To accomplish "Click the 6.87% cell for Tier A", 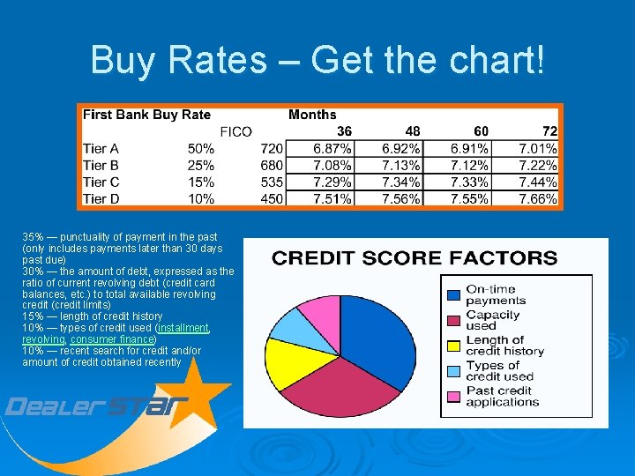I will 332,149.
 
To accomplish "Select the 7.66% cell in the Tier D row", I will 538,199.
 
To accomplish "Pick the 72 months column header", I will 549,131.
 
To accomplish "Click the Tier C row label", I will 101,182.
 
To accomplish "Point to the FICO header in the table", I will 235,131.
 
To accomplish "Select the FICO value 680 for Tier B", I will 272,166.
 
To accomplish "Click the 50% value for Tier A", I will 201,149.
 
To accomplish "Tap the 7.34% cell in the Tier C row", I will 401,182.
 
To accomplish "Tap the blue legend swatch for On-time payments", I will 453,295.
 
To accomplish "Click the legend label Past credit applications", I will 502,396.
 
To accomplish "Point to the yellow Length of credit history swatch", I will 453,346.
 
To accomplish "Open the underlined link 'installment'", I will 183,328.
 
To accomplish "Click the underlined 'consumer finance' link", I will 112,339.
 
